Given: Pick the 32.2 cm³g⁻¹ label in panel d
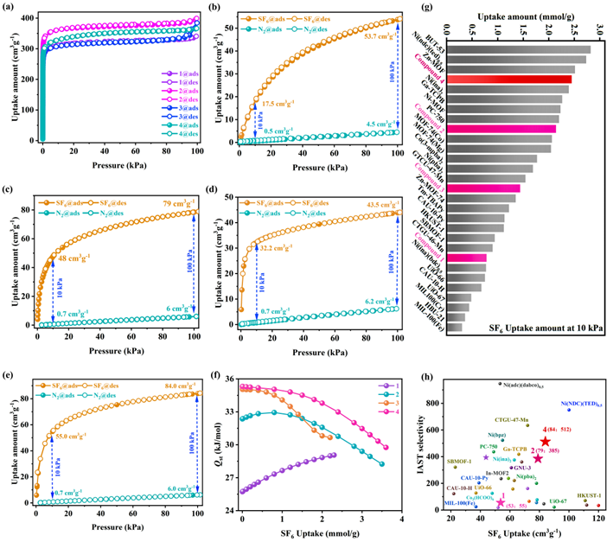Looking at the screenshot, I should click(288, 247).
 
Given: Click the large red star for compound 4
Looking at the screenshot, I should click(546, 442).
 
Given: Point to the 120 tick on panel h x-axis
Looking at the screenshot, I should click(598, 517).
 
